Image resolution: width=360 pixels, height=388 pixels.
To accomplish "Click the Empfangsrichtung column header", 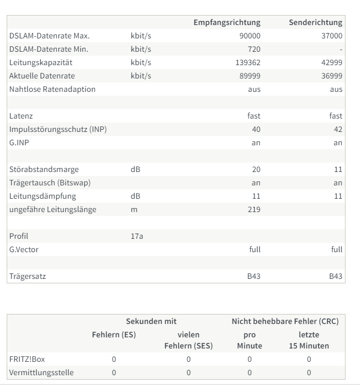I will click(227, 22).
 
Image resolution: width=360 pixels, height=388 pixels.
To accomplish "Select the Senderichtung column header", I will click(315, 22).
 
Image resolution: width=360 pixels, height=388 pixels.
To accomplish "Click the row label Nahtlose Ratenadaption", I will click(52, 89).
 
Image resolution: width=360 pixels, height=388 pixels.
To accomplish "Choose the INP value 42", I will click(338, 129).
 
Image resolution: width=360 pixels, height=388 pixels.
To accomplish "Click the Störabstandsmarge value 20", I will click(256, 169).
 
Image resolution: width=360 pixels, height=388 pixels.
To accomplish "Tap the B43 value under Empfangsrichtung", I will click(254, 276).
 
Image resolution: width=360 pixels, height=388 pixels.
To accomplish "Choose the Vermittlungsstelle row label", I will click(41, 372).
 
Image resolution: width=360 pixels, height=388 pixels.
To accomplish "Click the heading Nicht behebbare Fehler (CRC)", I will click(285, 321).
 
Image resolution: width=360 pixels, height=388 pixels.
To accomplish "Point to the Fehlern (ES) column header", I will click(114, 335).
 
